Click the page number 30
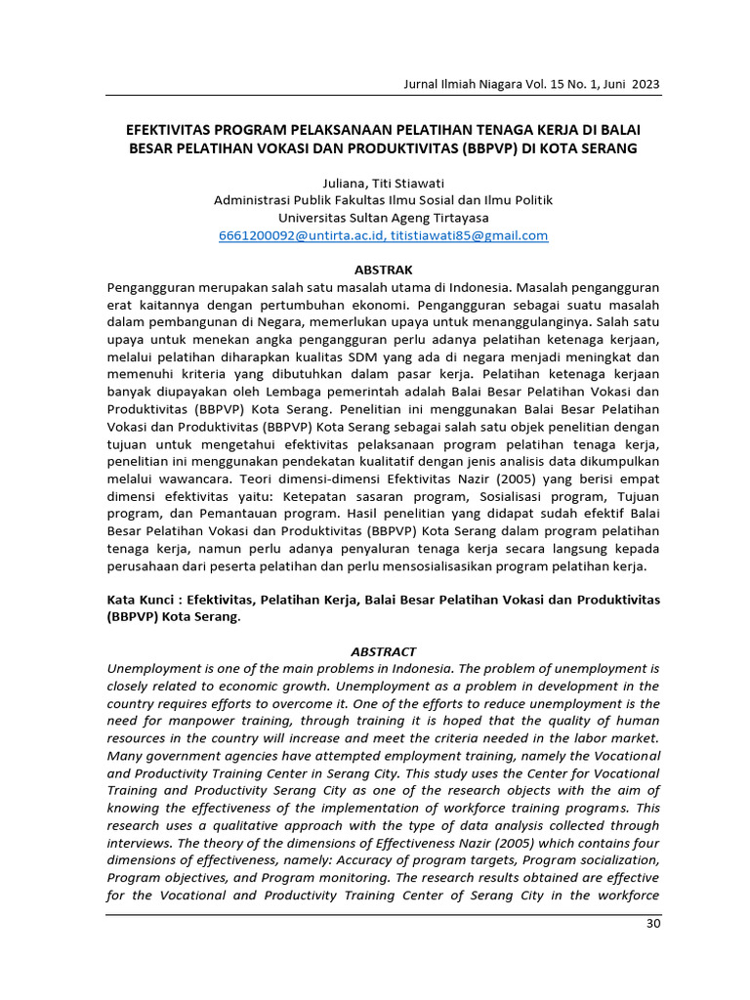653,924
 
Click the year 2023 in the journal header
645,85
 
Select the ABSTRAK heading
383,270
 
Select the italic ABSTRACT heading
383,651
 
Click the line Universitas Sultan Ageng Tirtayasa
383,218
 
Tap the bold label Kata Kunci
140,599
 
